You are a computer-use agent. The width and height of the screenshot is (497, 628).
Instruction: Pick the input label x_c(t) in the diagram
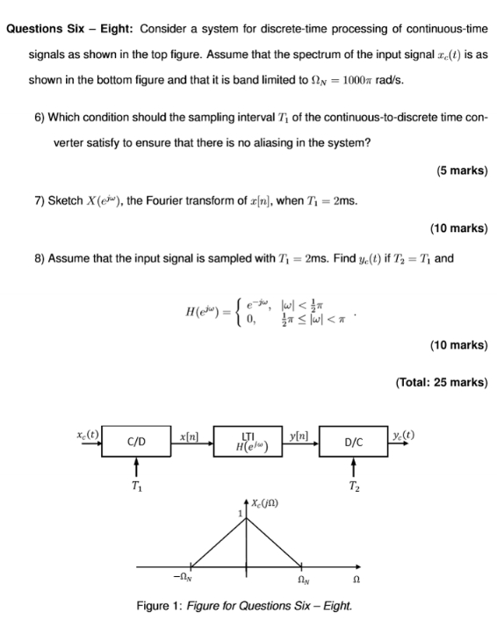click(x=88, y=434)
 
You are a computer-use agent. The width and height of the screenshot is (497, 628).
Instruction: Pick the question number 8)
click(x=35, y=258)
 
